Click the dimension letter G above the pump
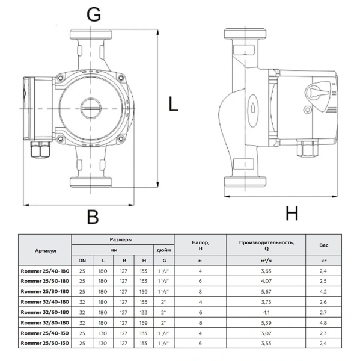tap(94, 16)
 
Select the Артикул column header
tap(46, 249)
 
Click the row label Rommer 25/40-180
tap(46, 271)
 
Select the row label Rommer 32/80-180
tap(46, 322)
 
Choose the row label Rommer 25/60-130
tap(46, 342)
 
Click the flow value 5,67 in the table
tap(266, 291)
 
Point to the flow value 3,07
tap(266, 332)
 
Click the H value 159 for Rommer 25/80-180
tap(144, 291)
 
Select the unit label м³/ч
tap(266, 260)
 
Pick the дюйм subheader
tap(163, 249)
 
